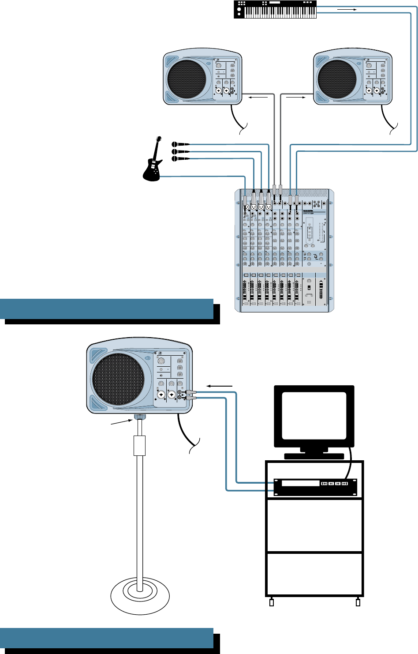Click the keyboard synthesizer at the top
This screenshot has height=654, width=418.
pos(275,10)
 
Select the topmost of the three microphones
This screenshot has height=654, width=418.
pos(180,144)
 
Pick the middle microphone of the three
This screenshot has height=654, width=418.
pos(180,151)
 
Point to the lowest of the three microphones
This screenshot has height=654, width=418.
pos(180,158)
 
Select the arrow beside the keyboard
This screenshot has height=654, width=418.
pos(346,9)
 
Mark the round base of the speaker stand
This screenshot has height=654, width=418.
pos(140,597)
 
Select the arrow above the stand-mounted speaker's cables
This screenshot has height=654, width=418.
pos(220,386)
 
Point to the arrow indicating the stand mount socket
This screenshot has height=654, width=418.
pos(122,423)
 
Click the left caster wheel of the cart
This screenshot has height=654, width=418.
pos(272,602)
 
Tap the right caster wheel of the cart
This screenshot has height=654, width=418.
pos(358,602)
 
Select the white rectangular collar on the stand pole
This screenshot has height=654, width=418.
pos(139,446)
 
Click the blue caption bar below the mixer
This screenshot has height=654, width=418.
pos(107,309)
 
